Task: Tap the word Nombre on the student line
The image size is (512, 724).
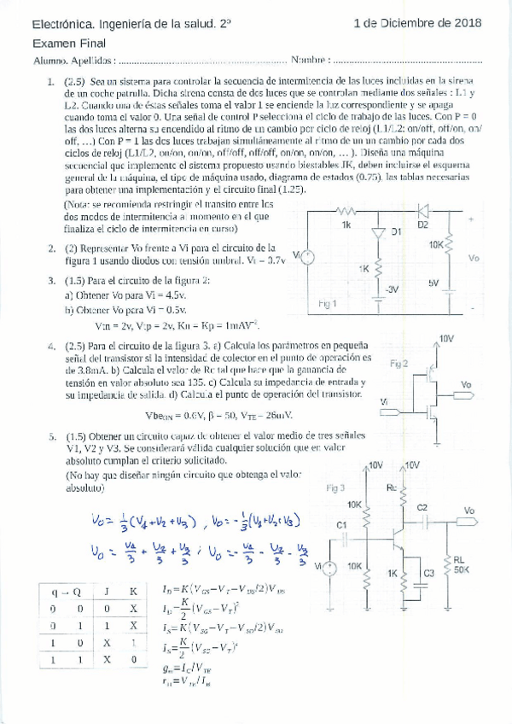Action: [309, 61]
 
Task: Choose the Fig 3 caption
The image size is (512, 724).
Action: [335, 488]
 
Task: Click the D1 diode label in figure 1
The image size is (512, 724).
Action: [395, 231]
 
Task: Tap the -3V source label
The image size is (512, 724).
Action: [392, 289]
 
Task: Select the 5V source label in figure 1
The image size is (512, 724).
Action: [433, 283]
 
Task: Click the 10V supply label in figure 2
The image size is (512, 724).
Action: [446, 339]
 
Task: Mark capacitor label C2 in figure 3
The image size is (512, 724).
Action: [422, 507]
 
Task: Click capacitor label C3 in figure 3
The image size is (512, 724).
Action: [428, 573]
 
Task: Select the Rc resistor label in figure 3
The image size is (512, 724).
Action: [392, 488]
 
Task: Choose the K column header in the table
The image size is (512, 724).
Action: [133, 590]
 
